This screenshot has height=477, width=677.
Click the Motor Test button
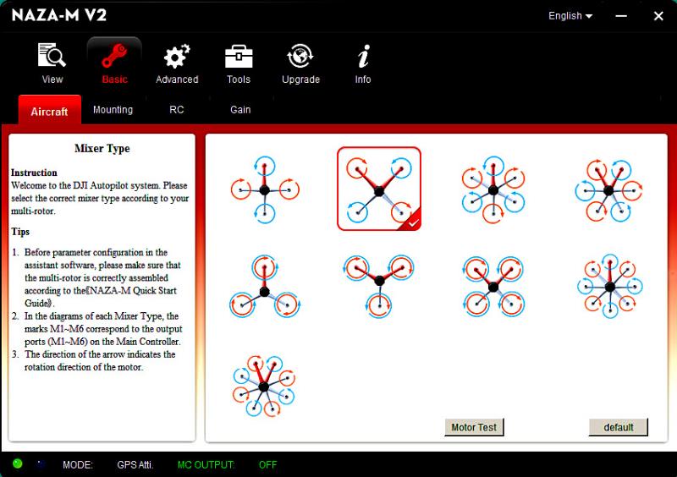(474, 427)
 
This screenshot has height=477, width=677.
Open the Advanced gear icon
(177, 57)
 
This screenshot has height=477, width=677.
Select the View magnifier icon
(52, 55)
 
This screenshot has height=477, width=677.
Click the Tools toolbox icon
(239, 57)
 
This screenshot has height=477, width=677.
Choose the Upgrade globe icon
(300, 56)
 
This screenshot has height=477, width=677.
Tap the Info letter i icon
(364, 56)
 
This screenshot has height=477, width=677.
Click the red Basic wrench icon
(114, 56)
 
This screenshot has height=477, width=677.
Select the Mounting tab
(113, 110)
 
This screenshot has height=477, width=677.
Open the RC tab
(177, 110)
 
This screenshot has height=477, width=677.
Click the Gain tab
(240, 110)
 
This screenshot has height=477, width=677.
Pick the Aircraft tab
(50, 111)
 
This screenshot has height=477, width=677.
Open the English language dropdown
(570, 16)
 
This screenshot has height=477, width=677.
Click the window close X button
(658, 16)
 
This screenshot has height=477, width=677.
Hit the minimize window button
(621, 16)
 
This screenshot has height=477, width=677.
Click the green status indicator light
(17, 463)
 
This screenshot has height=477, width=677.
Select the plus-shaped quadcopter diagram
(265, 189)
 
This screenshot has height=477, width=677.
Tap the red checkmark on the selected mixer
(413, 222)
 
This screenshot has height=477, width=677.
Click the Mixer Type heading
(102, 149)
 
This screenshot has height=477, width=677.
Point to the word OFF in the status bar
(267, 465)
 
